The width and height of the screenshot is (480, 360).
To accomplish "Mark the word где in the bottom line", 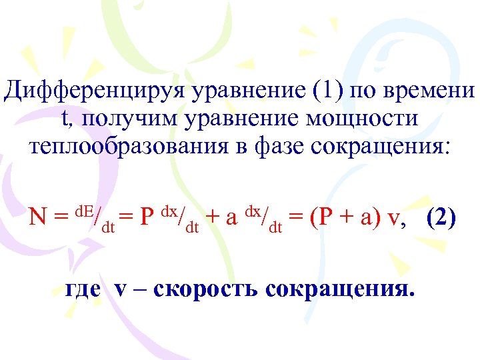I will [84, 290].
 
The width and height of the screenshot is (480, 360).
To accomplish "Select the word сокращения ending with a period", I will [340, 290].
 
